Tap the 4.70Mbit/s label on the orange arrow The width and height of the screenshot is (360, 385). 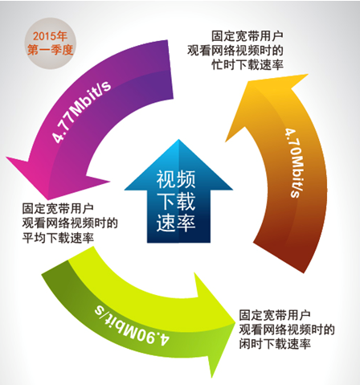tap(294, 163)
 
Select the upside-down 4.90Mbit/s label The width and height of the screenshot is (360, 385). tap(132, 327)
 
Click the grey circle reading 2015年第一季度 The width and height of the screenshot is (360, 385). tap(51, 43)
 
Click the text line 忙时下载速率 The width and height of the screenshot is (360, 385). tap(247, 65)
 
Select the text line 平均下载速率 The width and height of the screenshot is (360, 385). tap(58, 238)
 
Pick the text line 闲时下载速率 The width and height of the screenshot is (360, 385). tap(275, 344)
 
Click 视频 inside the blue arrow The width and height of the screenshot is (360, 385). tap(176, 179)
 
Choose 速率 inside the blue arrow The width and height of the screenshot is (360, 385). tap(176, 223)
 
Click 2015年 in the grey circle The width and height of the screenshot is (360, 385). tap(50, 36)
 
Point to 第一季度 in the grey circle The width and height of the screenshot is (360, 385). tap(50, 50)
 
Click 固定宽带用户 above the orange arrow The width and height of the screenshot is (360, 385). tap(247, 36)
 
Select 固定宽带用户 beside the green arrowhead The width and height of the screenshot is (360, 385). tap(275, 315)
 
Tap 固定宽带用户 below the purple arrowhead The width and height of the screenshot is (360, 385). tap(58, 209)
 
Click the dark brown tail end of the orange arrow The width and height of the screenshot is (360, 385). tap(281, 257)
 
